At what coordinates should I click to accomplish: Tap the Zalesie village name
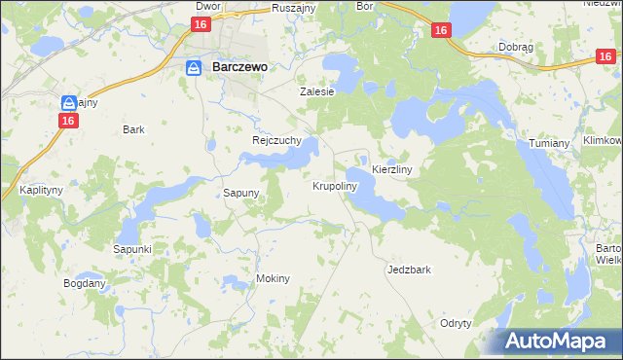pyautogui.click(x=316, y=91)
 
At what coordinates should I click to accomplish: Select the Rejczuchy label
pyautogui.click(x=271, y=140)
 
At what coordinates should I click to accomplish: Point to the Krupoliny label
pyautogui.click(x=335, y=185)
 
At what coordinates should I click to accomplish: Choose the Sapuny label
pyautogui.click(x=241, y=193)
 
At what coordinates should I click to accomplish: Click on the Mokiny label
pyautogui.click(x=274, y=278)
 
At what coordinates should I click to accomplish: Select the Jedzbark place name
pyautogui.click(x=409, y=270)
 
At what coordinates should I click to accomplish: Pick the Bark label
pyautogui.click(x=133, y=128)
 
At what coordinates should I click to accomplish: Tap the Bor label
pyautogui.click(x=365, y=5)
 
